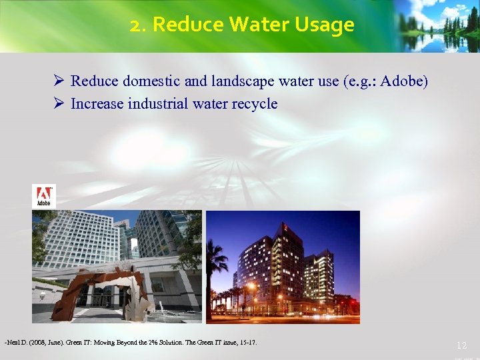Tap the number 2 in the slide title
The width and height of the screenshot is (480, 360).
135,25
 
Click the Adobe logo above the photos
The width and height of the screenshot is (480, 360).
44,196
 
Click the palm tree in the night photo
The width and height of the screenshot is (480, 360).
217,260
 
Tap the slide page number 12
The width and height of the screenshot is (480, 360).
461,345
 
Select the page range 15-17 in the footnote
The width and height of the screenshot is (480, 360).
247,343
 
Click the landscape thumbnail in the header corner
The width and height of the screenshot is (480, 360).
437,25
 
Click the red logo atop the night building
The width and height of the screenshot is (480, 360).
285,228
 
